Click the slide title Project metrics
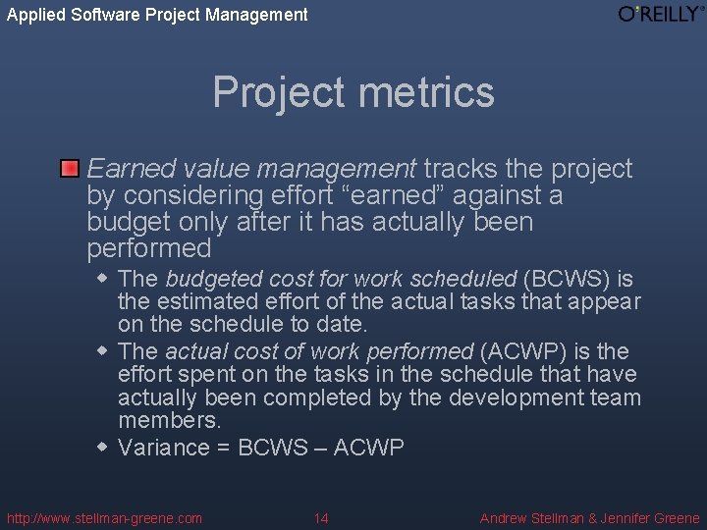pyautogui.click(x=353, y=92)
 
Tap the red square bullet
pyautogui.click(x=69, y=169)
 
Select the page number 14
pyautogui.click(x=321, y=518)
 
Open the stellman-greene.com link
pyautogui.click(x=104, y=518)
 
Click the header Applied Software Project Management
pyautogui.click(x=157, y=15)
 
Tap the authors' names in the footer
pyautogui.click(x=589, y=518)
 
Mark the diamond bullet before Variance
pyautogui.click(x=103, y=447)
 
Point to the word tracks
pyautogui.click(x=459, y=169)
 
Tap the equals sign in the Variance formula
pyautogui.click(x=222, y=448)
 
